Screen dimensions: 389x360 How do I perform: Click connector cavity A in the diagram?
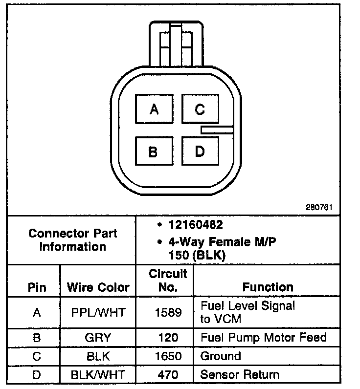click(154, 109)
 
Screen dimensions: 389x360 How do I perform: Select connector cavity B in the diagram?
click(153, 152)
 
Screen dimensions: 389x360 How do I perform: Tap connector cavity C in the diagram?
click(200, 109)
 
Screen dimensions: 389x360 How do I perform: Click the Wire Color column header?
click(98, 287)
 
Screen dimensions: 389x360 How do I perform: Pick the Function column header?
click(268, 287)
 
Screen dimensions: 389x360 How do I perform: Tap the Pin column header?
click(37, 287)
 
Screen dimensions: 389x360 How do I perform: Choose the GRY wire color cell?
click(98, 337)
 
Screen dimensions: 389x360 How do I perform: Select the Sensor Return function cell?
click(240, 375)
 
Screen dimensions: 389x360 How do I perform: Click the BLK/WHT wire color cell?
click(98, 375)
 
